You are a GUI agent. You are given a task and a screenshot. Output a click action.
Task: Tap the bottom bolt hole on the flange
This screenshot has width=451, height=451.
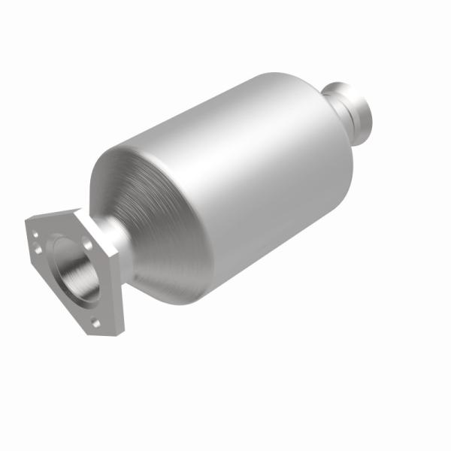[x=97, y=322]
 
